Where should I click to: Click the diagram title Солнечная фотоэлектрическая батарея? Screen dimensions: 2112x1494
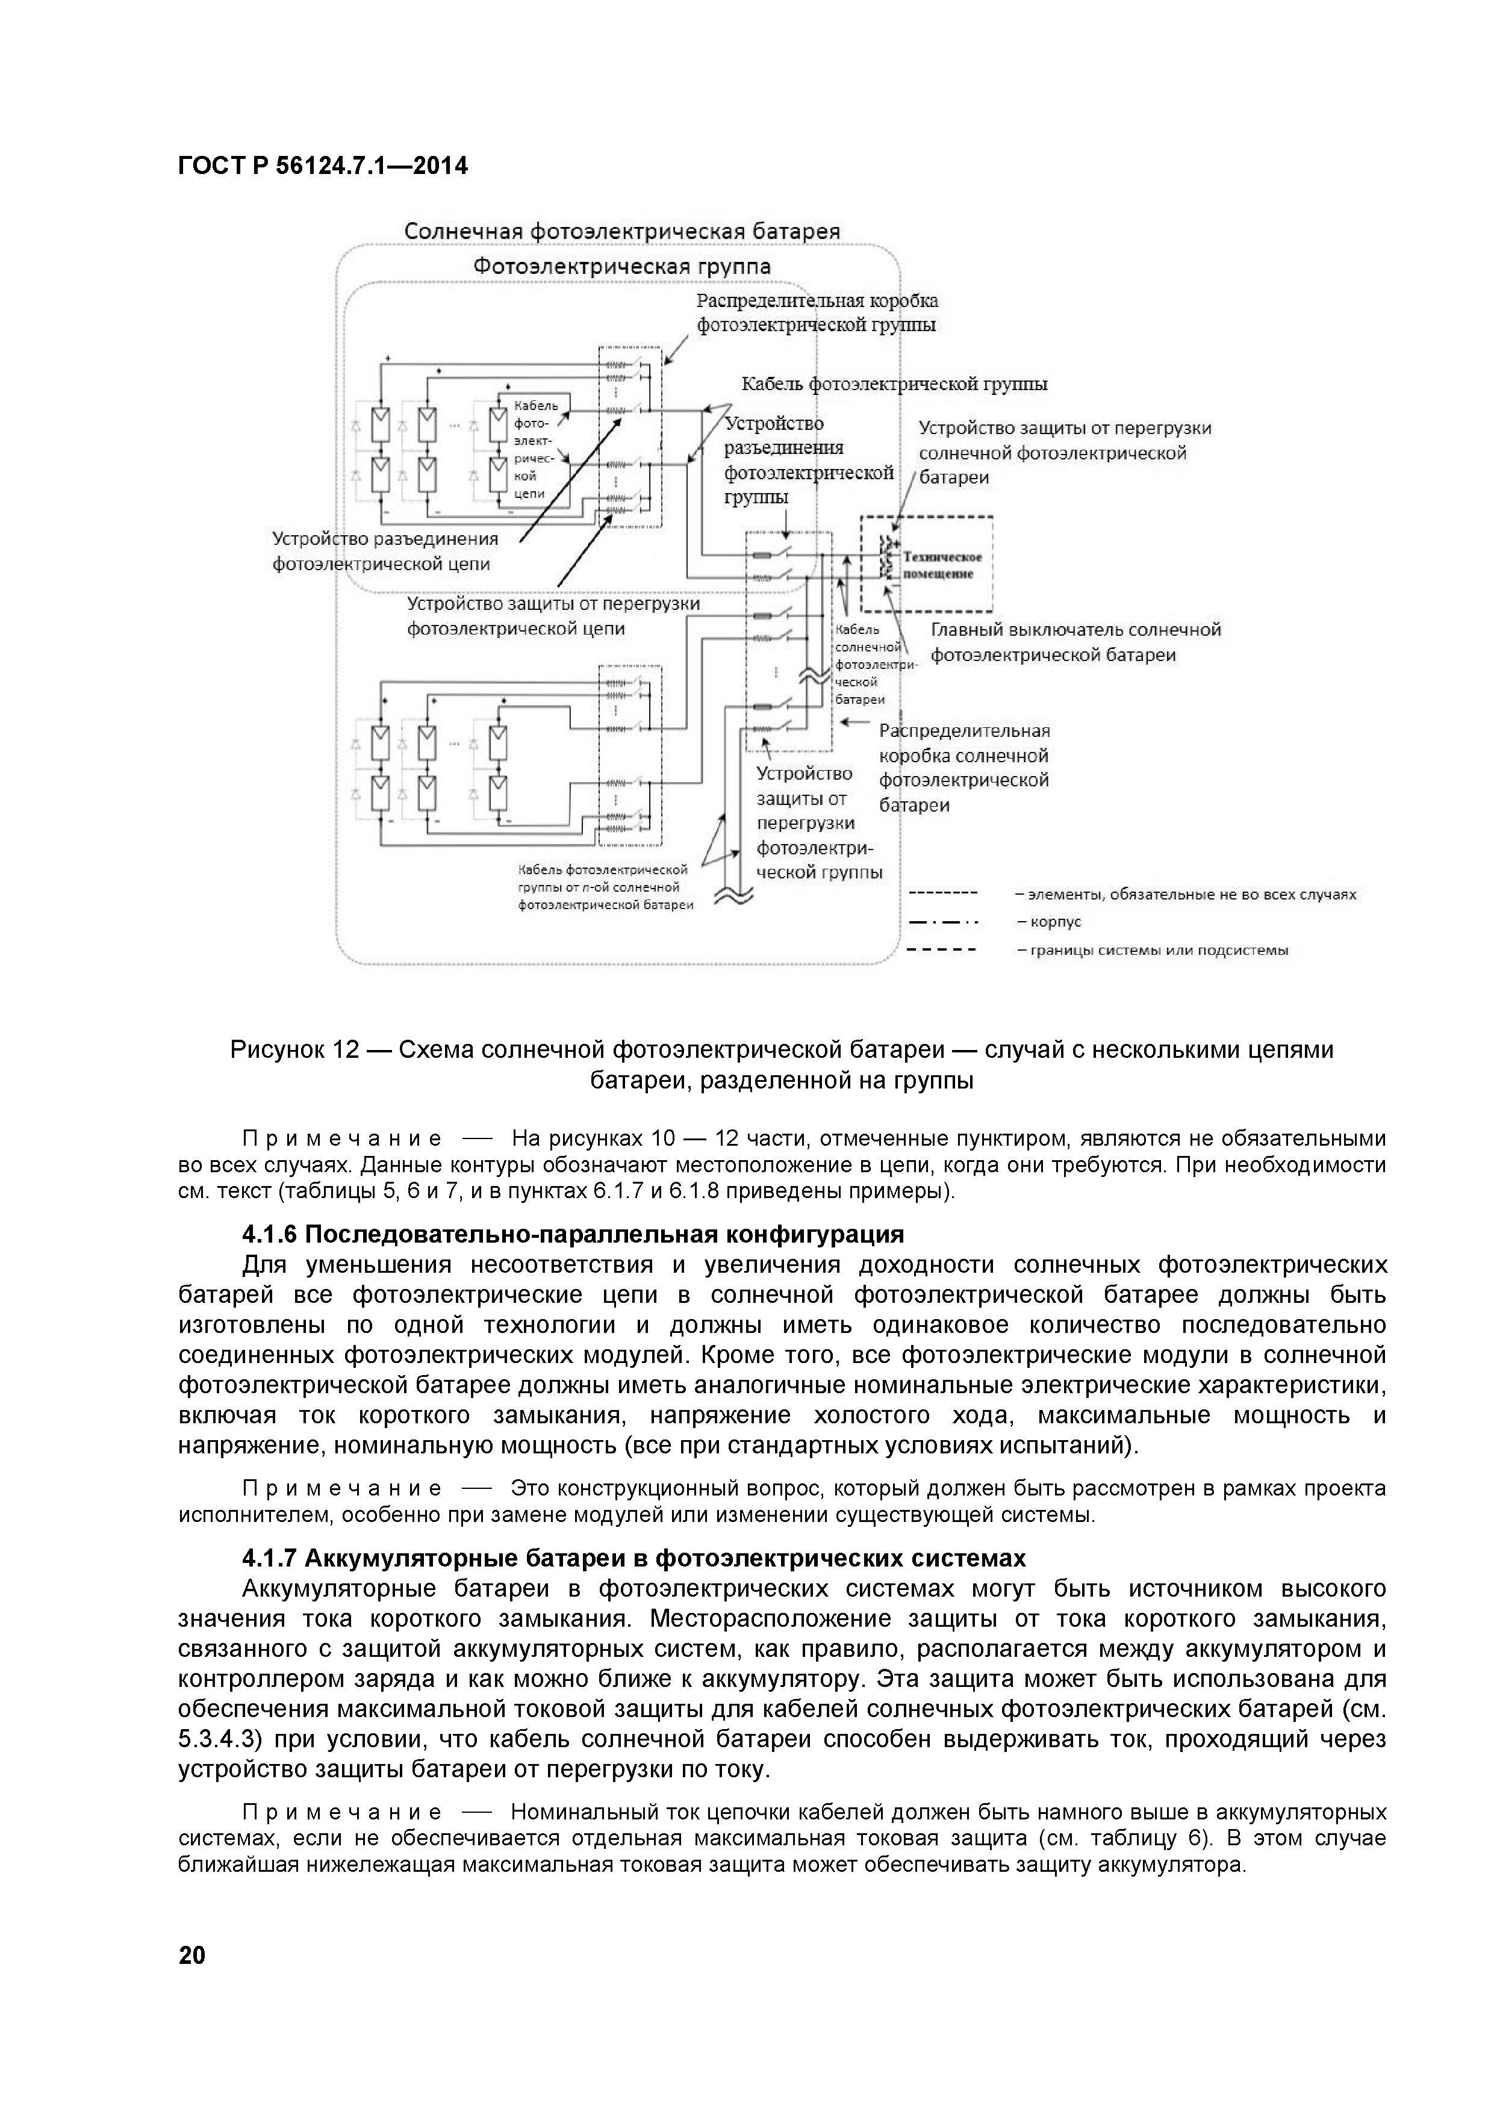click(622, 231)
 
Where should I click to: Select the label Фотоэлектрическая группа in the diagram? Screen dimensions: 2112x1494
click(622, 267)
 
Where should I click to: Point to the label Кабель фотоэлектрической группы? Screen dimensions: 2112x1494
click(894, 384)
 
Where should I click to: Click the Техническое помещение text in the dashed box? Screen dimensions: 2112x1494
click(942, 565)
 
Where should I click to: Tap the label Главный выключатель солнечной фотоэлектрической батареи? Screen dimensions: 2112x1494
click(1074, 642)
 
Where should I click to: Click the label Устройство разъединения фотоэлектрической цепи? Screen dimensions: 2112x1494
click(385, 551)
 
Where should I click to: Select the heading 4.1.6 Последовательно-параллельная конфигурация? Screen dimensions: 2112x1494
click(573, 1234)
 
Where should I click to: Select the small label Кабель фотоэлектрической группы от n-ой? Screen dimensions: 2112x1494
click(603, 887)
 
